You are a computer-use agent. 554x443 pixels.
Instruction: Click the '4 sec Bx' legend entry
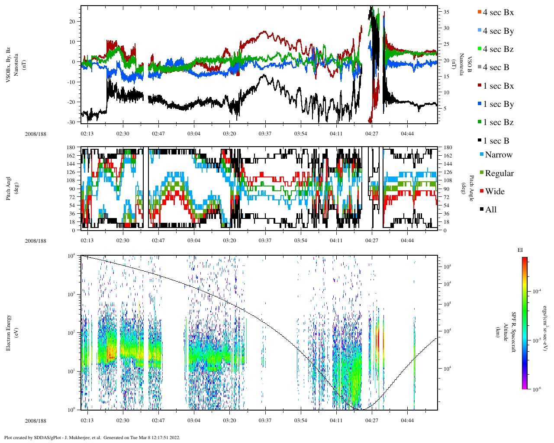click(x=498, y=13)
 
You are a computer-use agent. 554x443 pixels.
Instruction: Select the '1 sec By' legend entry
click(x=498, y=104)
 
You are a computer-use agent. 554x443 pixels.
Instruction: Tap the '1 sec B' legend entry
click(x=496, y=141)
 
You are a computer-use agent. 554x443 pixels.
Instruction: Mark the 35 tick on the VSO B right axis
click(x=446, y=12)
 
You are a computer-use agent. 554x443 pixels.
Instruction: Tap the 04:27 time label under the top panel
click(x=371, y=134)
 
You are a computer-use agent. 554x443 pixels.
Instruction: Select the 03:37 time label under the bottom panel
click(x=265, y=421)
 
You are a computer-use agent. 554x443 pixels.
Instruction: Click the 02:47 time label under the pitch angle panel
click(x=158, y=241)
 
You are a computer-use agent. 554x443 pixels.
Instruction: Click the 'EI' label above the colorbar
click(x=521, y=250)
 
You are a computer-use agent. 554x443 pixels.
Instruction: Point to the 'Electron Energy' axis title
click(x=9, y=332)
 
